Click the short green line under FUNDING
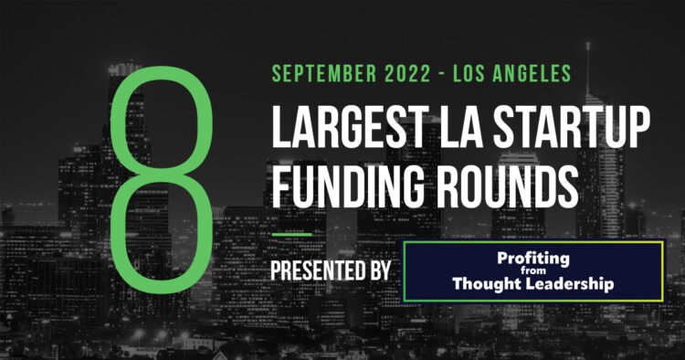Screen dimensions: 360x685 [291, 232]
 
